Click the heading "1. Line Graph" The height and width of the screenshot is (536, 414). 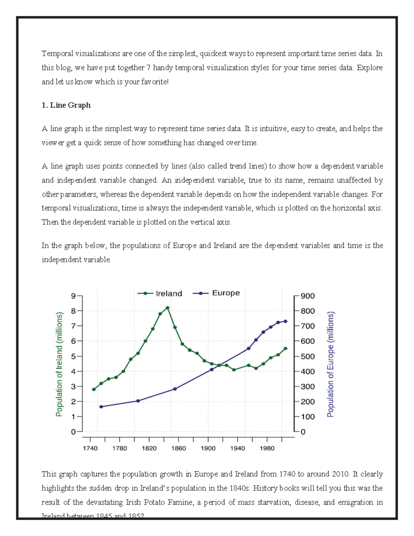coord(66,105)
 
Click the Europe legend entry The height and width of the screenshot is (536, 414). coord(216,293)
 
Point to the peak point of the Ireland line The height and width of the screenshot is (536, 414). coord(167,308)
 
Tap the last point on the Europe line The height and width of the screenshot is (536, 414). coord(285,321)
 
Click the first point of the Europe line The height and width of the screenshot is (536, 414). coord(101,407)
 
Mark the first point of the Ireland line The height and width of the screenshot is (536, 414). coord(94,389)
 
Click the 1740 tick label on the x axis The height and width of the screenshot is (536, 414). coord(90,448)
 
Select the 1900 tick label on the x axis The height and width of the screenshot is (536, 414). coord(208,448)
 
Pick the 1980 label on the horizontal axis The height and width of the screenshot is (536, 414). coord(267,448)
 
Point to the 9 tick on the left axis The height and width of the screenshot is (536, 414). coord(73,296)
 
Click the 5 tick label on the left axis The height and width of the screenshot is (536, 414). coord(73,356)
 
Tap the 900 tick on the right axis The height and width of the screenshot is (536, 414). coord(307,296)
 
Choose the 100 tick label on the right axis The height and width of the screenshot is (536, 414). coord(307,417)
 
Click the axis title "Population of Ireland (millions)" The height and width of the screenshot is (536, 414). coord(59,364)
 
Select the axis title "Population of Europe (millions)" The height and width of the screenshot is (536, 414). coord(331,364)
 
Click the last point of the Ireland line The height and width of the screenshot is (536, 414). coord(285,349)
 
